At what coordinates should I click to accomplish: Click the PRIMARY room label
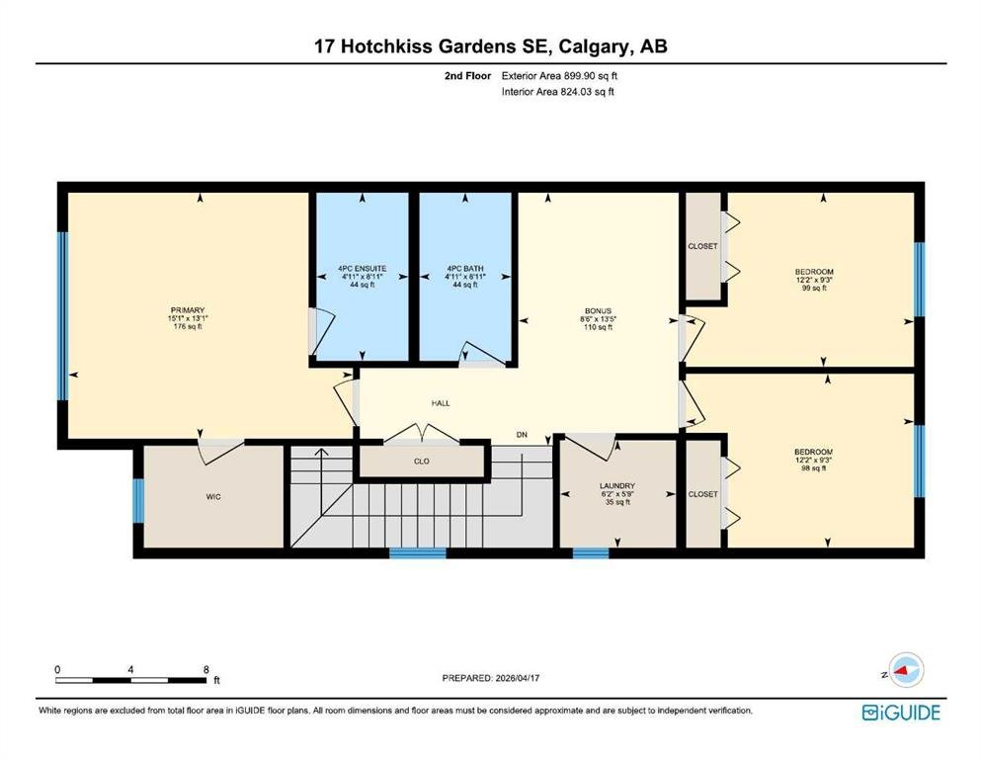(x=188, y=310)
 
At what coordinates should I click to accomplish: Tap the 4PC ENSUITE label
(x=363, y=269)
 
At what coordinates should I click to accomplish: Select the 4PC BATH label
(x=465, y=269)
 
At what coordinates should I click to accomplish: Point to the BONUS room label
(x=598, y=311)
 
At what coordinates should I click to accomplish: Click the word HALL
(x=441, y=403)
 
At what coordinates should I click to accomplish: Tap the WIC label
(x=213, y=497)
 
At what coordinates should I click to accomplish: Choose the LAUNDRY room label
(x=617, y=486)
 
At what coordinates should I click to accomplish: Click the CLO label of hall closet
(x=422, y=462)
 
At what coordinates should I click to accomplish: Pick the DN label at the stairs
(x=522, y=434)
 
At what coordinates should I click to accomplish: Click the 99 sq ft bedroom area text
(x=814, y=289)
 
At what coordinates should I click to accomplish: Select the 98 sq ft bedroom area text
(x=813, y=468)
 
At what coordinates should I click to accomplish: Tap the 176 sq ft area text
(x=188, y=326)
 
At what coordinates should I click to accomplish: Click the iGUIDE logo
(x=901, y=713)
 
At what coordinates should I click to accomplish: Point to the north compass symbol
(x=906, y=670)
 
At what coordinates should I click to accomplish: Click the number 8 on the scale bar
(x=206, y=669)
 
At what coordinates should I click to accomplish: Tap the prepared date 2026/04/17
(x=518, y=678)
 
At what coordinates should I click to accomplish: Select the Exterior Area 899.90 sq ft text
(x=559, y=76)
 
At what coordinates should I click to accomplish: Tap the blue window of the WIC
(x=138, y=501)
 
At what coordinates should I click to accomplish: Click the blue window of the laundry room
(x=591, y=553)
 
